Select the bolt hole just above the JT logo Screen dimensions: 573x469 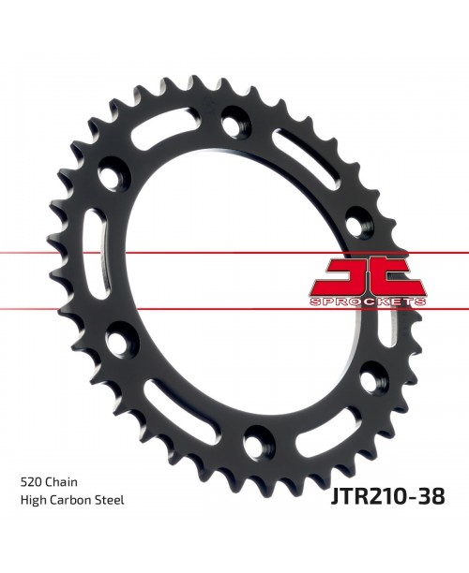356,223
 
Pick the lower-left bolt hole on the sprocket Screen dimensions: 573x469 119,340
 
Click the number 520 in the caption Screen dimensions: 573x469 31,482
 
